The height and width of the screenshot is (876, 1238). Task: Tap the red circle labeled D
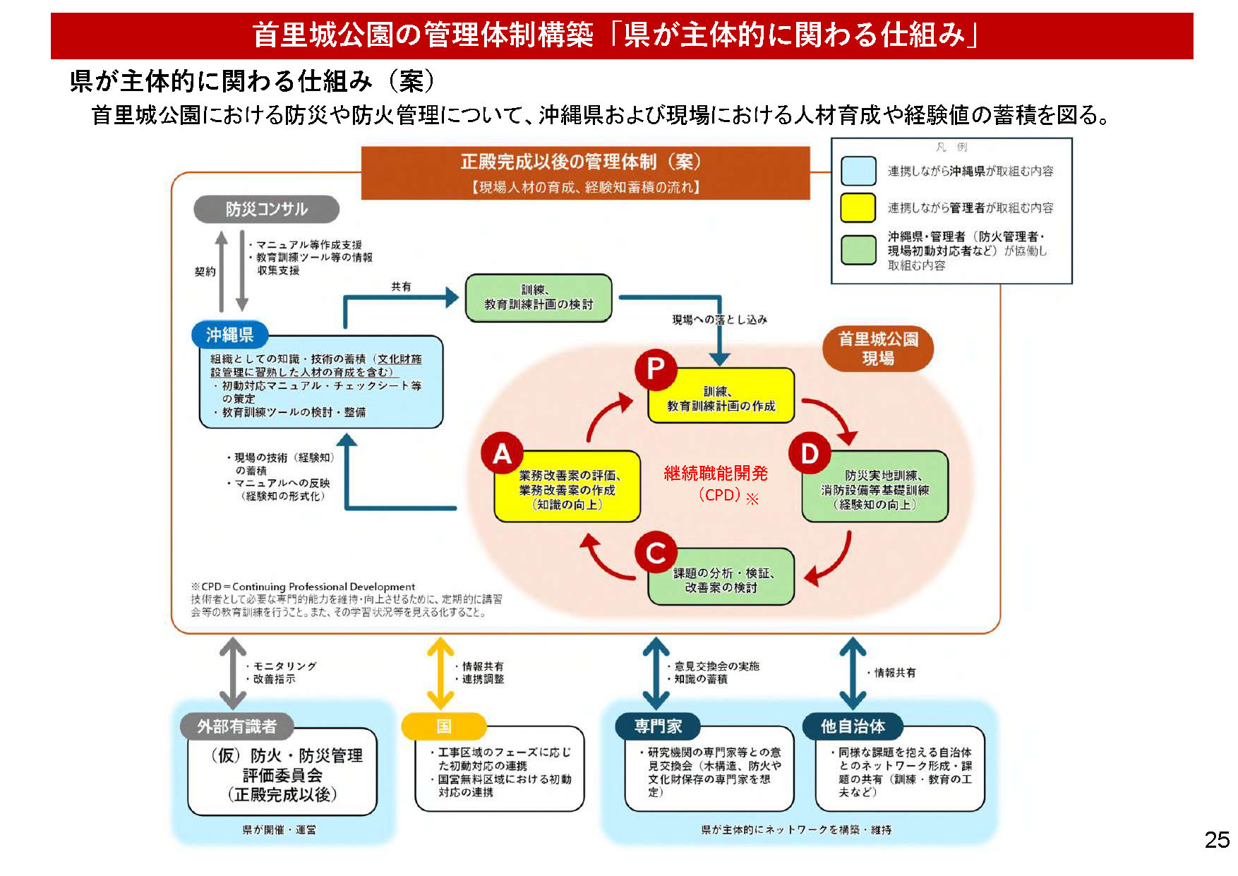click(810, 453)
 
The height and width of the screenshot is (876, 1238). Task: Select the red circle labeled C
click(656, 553)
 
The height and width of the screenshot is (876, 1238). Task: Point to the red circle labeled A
click(502, 453)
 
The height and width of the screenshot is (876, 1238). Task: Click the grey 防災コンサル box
click(266, 209)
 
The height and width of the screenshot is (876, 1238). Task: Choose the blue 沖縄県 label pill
click(229, 335)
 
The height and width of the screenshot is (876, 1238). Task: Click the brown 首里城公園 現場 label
click(877, 349)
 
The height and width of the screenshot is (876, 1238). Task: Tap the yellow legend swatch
click(858, 208)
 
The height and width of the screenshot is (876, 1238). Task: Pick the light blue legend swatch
click(858, 171)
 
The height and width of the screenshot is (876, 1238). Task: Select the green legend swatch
click(858, 250)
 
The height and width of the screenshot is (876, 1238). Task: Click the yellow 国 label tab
click(443, 726)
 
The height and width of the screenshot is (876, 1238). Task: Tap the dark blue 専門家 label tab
click(657, 726)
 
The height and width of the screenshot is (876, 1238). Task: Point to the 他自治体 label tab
click(853, 726)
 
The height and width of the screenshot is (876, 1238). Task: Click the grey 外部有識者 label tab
click(236, 726)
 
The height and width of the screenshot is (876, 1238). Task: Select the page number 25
click(1217, 840)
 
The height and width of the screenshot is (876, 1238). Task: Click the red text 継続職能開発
click(715, 474)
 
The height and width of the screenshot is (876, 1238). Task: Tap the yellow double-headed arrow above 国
click(440, 673)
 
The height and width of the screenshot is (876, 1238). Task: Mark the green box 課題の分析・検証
click(721, 580)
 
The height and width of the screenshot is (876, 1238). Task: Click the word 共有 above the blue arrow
click(401, 287)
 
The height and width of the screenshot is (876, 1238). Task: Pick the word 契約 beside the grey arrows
click(205, 272)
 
